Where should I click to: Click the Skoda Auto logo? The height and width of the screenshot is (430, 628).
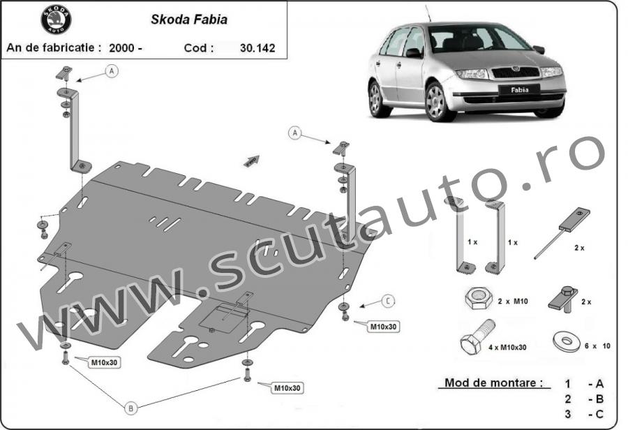pyautogui.click(x=56, y=20)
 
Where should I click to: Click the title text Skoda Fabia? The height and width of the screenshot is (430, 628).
pyautogui.click(x=189, y=20)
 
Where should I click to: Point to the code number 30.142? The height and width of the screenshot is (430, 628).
pyautogui.click(x=257, y=48)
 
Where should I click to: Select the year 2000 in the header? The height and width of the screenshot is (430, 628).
pyautogui.click(x=121, y=48)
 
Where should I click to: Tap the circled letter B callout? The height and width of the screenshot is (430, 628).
pyautogui.click(x=130, y=408)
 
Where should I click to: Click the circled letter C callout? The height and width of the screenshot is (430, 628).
pyautogui.click(x=388, y=301)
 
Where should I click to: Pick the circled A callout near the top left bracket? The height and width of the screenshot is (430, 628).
pyautogui.click(x=112, y=71)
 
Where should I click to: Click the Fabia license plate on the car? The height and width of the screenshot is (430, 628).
pyautogui.click(x=519, y=90)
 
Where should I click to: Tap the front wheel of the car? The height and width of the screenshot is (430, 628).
pyautogui.click(x=438, y=102)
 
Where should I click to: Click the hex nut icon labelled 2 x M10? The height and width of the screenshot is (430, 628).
pyautogui.click(x=478, y=298)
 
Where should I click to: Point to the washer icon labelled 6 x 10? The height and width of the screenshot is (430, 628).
pyautogui.click(x=566, y=341)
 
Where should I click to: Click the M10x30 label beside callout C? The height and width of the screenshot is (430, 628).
pyautogui.click(x=383, y=327)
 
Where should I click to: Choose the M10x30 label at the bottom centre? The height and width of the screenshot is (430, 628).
pyautogui.click(x=287, y=388)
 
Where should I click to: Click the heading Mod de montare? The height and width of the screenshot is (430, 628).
pyautogui.click(x=495, y=383)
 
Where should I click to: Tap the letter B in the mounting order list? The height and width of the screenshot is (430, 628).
pyautogui.click(x=599, y=399)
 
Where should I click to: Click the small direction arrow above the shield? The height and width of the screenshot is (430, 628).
pyautogui.click(x=251, y=161)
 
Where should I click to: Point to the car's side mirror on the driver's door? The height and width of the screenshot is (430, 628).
pyautogui.click(x=414, y=53)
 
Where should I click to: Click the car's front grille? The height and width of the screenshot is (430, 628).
pyautogui.click(x=515, y=73)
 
